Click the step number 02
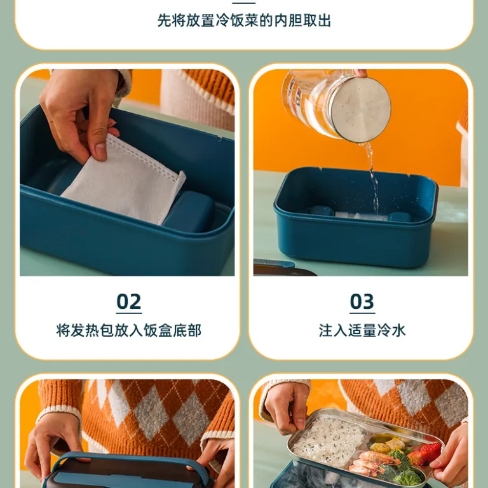(129, 301)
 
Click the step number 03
(362, 301)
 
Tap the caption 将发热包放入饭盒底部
(128, 330)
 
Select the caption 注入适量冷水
(362, 330)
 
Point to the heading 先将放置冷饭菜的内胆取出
(244, 20)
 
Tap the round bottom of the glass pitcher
(360, 109)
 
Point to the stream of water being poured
(371, 177)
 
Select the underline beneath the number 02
(129, 313)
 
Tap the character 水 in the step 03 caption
(398, 330)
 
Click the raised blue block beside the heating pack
(189, 211)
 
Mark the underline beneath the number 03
(362, 313)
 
